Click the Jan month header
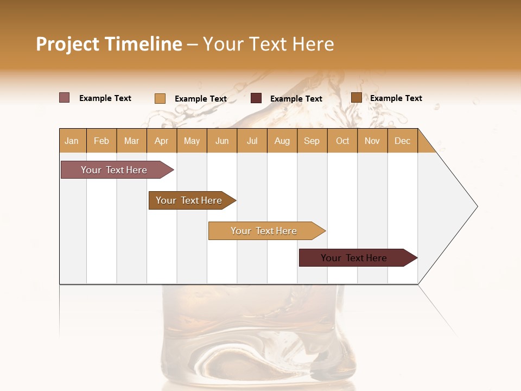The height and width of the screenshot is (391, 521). [72, 141]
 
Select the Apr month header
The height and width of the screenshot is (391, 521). [162, 141]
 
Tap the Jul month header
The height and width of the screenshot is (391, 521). [252, 141]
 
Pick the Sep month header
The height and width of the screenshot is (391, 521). [312, 141]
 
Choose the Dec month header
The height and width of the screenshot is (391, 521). [402, 141]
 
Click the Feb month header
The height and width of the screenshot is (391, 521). [101, 141]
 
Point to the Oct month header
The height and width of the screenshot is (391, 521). [342, 141]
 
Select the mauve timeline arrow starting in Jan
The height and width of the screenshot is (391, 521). [114, 170]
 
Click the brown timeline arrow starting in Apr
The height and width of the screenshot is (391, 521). [189, 200]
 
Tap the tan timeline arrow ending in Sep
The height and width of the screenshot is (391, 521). [264, 231]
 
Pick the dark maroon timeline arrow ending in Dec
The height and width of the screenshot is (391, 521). [354, 258]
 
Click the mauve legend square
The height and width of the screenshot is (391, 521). [65, 98]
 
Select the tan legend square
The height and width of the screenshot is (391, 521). [160, 98]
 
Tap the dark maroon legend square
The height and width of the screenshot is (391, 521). [256, 98]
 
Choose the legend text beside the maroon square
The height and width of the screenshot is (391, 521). [296, 99]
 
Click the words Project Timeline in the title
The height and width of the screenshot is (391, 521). [109, 44]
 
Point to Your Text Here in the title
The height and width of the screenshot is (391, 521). [268, 44]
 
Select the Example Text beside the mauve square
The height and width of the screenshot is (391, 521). [105, 98]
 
